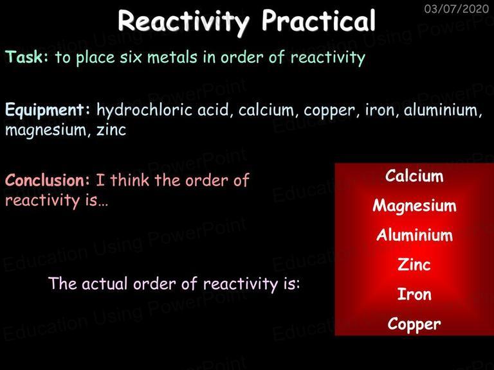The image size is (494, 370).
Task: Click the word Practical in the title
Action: [x=318, y=21]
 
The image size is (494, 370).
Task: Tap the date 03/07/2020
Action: [x=457, y=8]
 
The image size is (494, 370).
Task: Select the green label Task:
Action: [x=27, y=57]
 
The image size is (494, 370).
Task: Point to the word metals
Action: [x=172, y=57]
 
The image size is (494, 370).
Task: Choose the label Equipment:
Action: [x=48, y=110]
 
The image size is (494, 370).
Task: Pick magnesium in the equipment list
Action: [x=46, y=130]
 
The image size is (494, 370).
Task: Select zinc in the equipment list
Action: [x=111, y=130]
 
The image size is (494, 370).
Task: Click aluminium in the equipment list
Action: [x=443, y=110]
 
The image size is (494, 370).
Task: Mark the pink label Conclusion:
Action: [x=48, y=181]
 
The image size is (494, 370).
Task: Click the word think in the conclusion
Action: [x=129, y=181]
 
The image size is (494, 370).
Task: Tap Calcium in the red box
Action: [x=414, y=176]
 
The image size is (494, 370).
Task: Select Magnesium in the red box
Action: [x=414, y=206]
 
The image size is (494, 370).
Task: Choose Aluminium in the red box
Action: [x=414, y=235]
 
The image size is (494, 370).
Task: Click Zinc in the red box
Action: [x=414, y=264]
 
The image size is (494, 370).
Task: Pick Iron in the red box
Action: [x=414, y=294]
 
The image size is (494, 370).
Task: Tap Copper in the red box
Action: [x=414, y=324]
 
